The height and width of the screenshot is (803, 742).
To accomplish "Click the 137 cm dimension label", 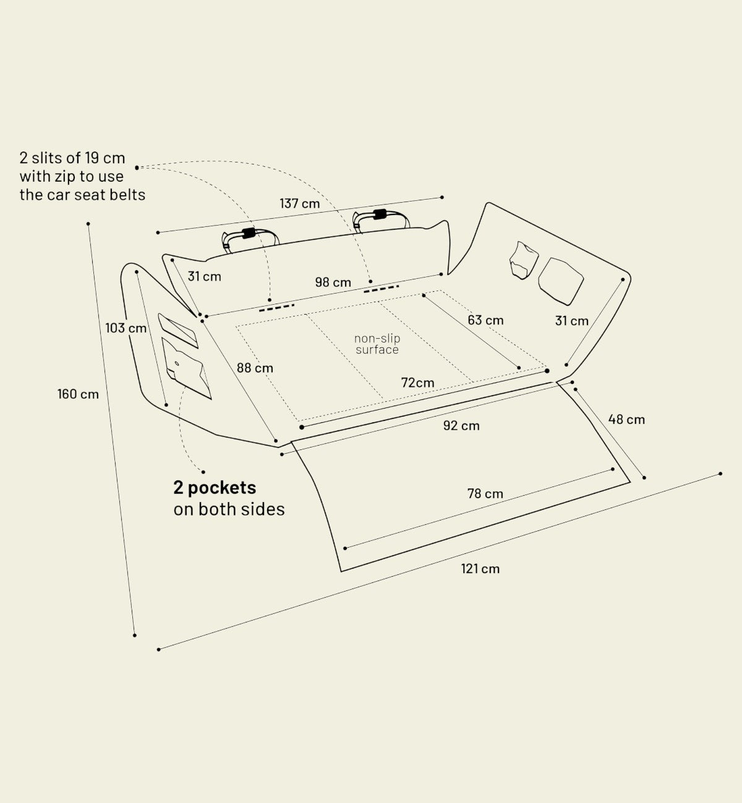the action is coord(299,203).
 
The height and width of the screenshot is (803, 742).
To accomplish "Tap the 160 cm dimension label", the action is coord(78,394).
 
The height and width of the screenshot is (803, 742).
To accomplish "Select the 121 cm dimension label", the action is coord(480,569).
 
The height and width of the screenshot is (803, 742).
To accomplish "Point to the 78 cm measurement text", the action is coord(485,494).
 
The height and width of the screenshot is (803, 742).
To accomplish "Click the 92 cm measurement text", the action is coord(461,425).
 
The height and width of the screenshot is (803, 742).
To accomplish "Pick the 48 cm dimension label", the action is coord(626,420).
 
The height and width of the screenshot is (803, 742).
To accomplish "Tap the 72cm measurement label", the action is coord(417,383).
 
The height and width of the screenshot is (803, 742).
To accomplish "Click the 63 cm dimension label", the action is coord(485,320).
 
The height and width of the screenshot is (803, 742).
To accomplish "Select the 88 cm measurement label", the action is coord(255,368).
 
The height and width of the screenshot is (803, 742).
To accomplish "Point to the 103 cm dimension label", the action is coord(126,328).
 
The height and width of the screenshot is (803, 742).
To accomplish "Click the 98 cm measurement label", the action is coord(333,283).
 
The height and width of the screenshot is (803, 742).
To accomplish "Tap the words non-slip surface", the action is coord(377,344).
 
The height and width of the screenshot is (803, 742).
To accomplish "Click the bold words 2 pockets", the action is coord(215,488).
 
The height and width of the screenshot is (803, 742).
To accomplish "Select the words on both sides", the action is coord(229,509).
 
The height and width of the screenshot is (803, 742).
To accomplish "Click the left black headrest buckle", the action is coord(249,233).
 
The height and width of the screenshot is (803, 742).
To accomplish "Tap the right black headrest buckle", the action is coord(380,215).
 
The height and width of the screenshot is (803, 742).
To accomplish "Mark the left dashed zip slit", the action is coord(277,308).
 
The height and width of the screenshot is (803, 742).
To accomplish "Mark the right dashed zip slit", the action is coord(381,289).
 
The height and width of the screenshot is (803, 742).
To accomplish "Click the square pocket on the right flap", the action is coord(561,281).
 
